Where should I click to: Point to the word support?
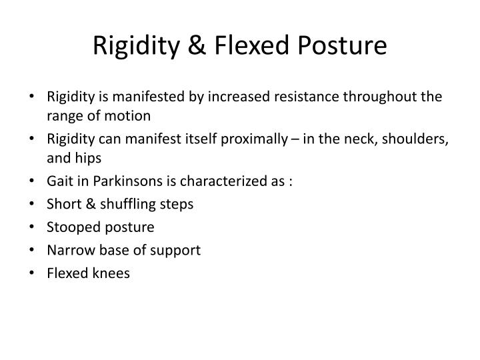[177, 250]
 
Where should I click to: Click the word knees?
[109, 273]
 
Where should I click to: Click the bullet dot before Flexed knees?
[34, 273]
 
